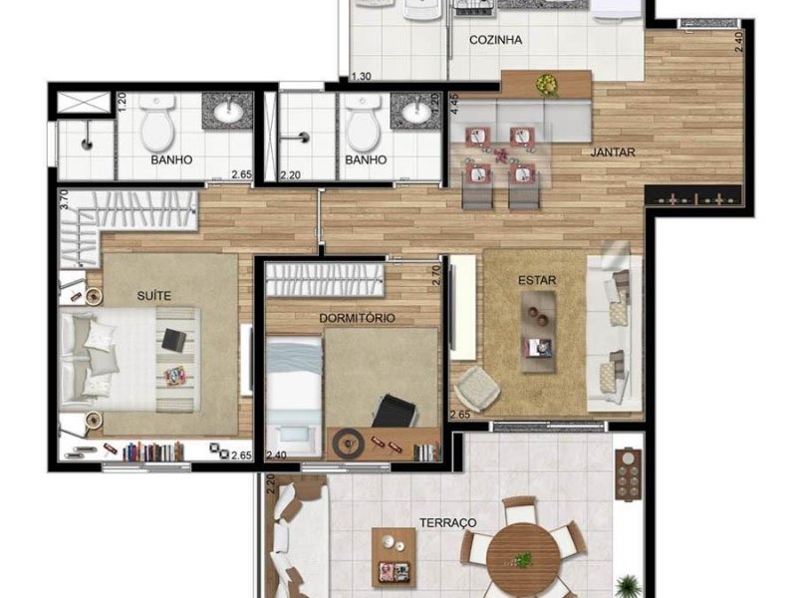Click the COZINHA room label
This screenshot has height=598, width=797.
point(496,40)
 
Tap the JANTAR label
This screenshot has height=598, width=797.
point(612,151)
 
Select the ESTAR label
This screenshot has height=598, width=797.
point(536,280)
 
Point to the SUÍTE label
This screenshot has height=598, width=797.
point(153,295)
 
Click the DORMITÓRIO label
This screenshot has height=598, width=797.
point(357,318)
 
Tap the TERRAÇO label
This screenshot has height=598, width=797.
point(446,522)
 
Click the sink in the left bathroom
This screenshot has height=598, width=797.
point(229,112)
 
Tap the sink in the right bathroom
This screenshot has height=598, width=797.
point(416,112)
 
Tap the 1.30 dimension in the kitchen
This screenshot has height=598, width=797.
point(362,77)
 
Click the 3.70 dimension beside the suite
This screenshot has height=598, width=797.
point(63,199)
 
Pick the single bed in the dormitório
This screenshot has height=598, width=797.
point(293,383)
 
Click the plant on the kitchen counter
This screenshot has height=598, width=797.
point(545,84)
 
